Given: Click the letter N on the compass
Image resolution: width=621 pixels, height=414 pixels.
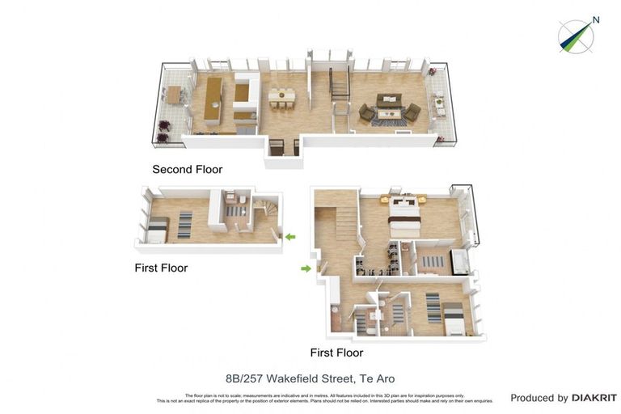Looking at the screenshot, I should pyautogui.click(x=595, y=20).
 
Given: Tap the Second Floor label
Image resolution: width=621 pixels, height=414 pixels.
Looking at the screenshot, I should pyautogui.click(x=187, y=170).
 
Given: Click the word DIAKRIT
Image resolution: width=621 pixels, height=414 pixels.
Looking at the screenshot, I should pyautogui.click(x=594, y=398).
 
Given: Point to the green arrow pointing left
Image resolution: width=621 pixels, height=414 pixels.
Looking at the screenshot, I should pyautogui.click(x=289, y=237).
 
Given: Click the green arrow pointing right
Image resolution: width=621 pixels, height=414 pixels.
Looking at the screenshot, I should pyautogui.click(x=306, y=268).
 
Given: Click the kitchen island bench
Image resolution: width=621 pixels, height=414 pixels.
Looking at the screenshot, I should pyautogui.click(x=213, y=99).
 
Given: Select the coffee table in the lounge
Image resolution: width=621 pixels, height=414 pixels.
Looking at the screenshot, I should pyautogui.click(x=389, y=114).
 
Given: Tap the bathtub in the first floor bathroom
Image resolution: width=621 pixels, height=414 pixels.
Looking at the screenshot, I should pyautogui.click(x=458, y=262).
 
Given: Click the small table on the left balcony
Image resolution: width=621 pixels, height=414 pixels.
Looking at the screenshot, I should pyautogui.click(x=173, y=95).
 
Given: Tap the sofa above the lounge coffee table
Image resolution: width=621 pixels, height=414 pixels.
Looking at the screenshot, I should pyautogui.click(x=389, y=100).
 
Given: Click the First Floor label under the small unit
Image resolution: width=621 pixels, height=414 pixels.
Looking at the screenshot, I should pyautogui.click(x=161, y=268).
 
